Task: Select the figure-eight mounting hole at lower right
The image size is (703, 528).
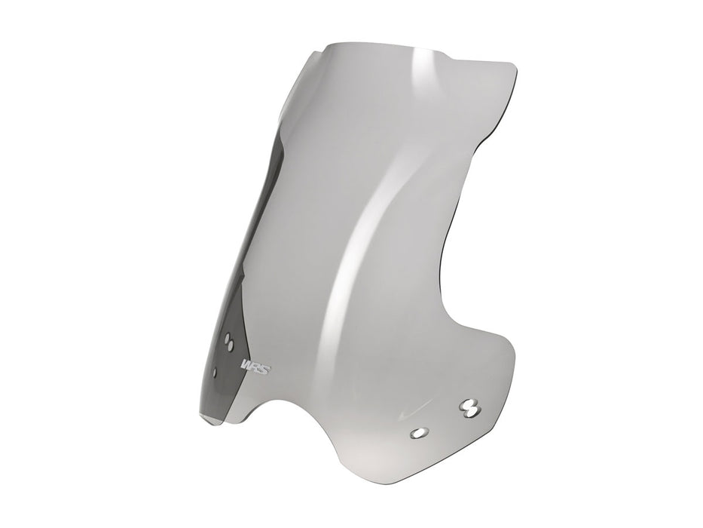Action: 469,407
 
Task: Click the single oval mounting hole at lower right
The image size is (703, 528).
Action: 418,432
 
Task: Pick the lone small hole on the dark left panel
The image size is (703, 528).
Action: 217,371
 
